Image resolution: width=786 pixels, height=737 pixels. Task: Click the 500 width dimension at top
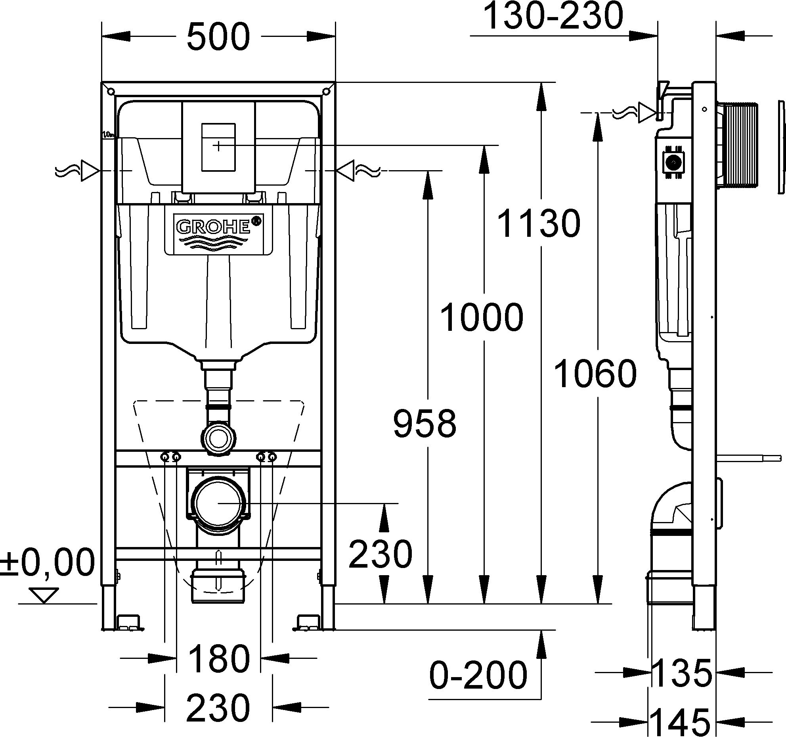218,36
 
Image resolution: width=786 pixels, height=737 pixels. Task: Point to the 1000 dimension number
482,317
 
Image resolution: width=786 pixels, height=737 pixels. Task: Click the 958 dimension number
425,424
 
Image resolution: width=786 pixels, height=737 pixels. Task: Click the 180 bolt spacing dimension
218,658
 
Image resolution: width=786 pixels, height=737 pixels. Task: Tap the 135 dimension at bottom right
681,673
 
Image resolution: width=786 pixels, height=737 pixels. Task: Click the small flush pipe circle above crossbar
218,438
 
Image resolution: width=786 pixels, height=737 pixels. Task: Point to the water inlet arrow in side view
647,113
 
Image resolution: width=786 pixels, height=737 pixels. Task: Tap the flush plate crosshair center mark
218,146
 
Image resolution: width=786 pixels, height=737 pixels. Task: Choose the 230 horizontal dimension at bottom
218,707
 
